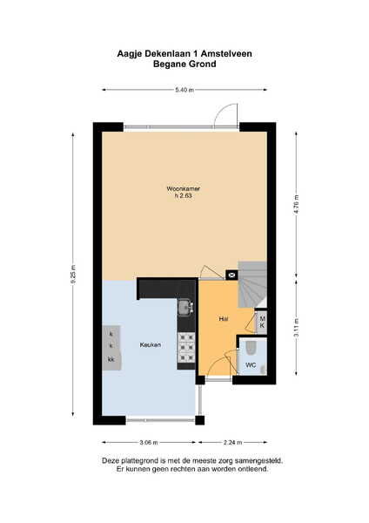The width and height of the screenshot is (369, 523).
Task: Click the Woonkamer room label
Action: [x=183, y=188]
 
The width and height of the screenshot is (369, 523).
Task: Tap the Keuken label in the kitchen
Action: [x=151, y=345]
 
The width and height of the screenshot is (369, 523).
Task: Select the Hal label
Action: [x=224, y=318]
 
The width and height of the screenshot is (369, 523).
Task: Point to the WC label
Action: [x=251, y=365]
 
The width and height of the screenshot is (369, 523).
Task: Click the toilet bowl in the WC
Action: [x=252, y=348]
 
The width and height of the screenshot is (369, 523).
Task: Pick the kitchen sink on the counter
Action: [x=184, y=308]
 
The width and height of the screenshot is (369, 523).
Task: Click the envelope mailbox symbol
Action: [x=231, y=275]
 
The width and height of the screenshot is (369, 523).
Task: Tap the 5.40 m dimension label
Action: [x=184, y=90]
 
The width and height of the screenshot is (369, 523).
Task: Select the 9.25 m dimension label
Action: [x=73, y=275]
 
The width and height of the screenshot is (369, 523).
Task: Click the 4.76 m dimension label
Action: [x=297, y=205]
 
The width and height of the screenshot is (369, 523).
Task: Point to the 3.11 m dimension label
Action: [x=297, y=328]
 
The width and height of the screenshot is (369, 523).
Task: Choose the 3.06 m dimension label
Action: [x=149, y=442]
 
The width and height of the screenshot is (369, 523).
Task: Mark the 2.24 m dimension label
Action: [x=233, y=442]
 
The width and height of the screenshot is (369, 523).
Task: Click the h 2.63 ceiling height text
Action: [x=184, y=196]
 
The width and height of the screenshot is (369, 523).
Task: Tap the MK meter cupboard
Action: [x=261, y=323]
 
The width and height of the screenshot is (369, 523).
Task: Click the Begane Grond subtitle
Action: [x=184, y=64]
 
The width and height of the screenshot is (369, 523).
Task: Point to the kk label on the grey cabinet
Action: [x=111, y=359]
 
